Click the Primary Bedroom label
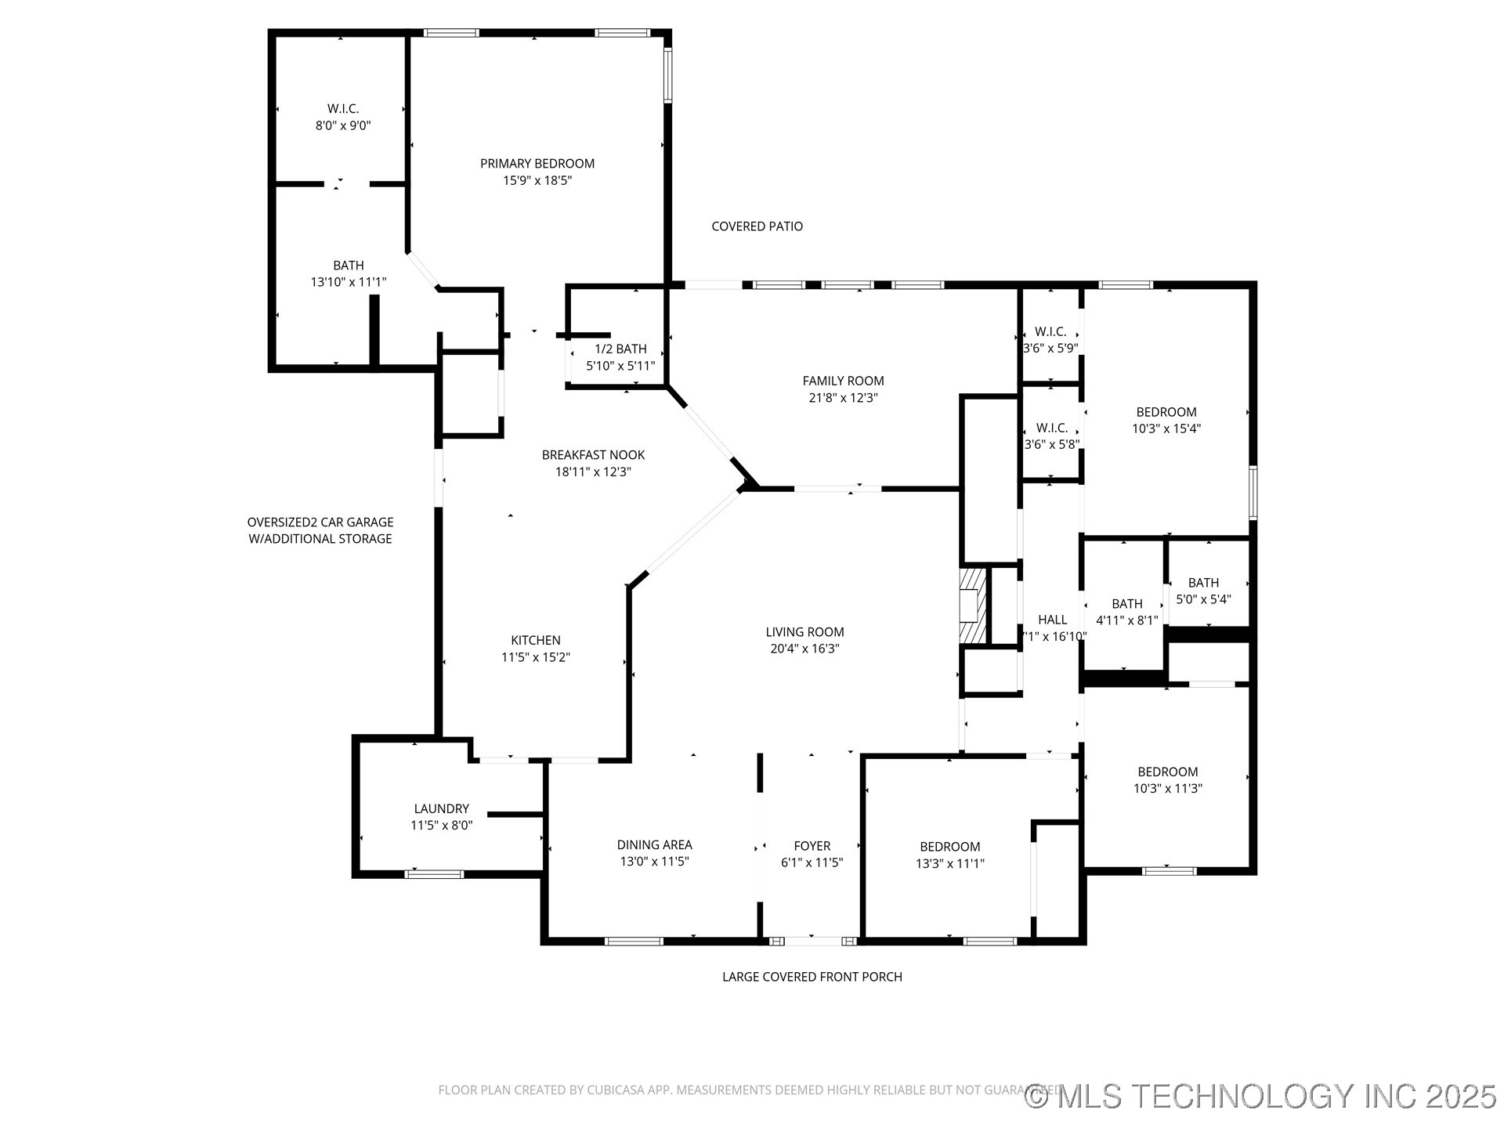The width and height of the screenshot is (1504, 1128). pyautogui.click(x=537, y=164)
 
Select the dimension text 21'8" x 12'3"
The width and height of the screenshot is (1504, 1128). pyautogui.click(x=843, y=398)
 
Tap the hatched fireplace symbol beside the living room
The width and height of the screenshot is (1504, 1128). pyautogui.click(x=970, y=606)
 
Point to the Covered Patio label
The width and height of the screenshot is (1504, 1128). pyautogui.click(x=757, y=226)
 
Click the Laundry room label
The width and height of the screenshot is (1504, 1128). pyautogui.click(x=441, y=808)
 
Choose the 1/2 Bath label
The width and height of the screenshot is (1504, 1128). pyautogui.click(x=620, y=349)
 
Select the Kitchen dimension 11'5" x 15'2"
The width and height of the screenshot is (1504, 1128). pyautogui.click(x=536, y=658)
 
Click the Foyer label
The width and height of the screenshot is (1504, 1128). pyautogui.click(x=812, y=846)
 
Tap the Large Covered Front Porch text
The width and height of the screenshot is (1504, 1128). pyautogui.click(x=812, y=977)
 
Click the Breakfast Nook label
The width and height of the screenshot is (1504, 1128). pyautogui.click(x=593, y=455)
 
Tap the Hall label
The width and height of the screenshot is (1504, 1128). pyautogui.click(x=1052, y=620)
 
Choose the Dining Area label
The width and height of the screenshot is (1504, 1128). pyautogui.click(x=654, y=844)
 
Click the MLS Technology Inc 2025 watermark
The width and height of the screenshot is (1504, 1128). pyautogui.click(x=1260, y=1096)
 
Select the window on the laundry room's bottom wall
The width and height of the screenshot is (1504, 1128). pyautogui.click(x=433, y=874)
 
